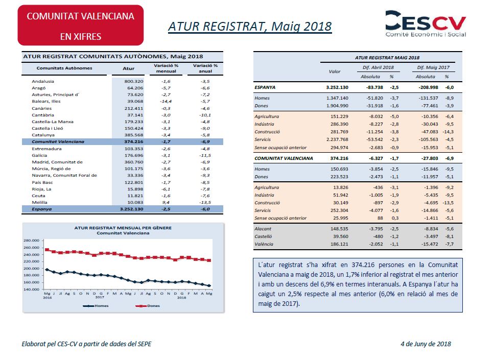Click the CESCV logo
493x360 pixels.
tap(426, 23)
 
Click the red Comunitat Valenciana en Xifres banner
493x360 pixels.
tap(81, 25)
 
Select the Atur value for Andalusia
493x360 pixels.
tap(134, 81)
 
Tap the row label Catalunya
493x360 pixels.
tap(43, 135)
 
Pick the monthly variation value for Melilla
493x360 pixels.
tap(166, 202)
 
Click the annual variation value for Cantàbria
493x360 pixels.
tap(205, 115)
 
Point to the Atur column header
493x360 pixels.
tap(129, 68)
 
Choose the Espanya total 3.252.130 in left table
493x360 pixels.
tap(131, 209)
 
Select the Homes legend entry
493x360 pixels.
tap(96, 306)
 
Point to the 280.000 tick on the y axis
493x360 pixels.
tap(31, 241)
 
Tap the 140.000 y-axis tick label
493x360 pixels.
tap(31, 290)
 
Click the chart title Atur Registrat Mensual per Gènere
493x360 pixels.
tap(123, 228)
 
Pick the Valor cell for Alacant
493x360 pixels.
tap(339, 229)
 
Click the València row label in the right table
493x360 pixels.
tap(264, 244)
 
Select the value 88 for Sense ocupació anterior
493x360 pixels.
tap(380, 218)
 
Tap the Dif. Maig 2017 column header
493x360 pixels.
tap(433, 67)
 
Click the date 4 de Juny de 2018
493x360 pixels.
tap(426, 344)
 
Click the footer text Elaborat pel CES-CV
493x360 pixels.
tap(50, 344)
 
